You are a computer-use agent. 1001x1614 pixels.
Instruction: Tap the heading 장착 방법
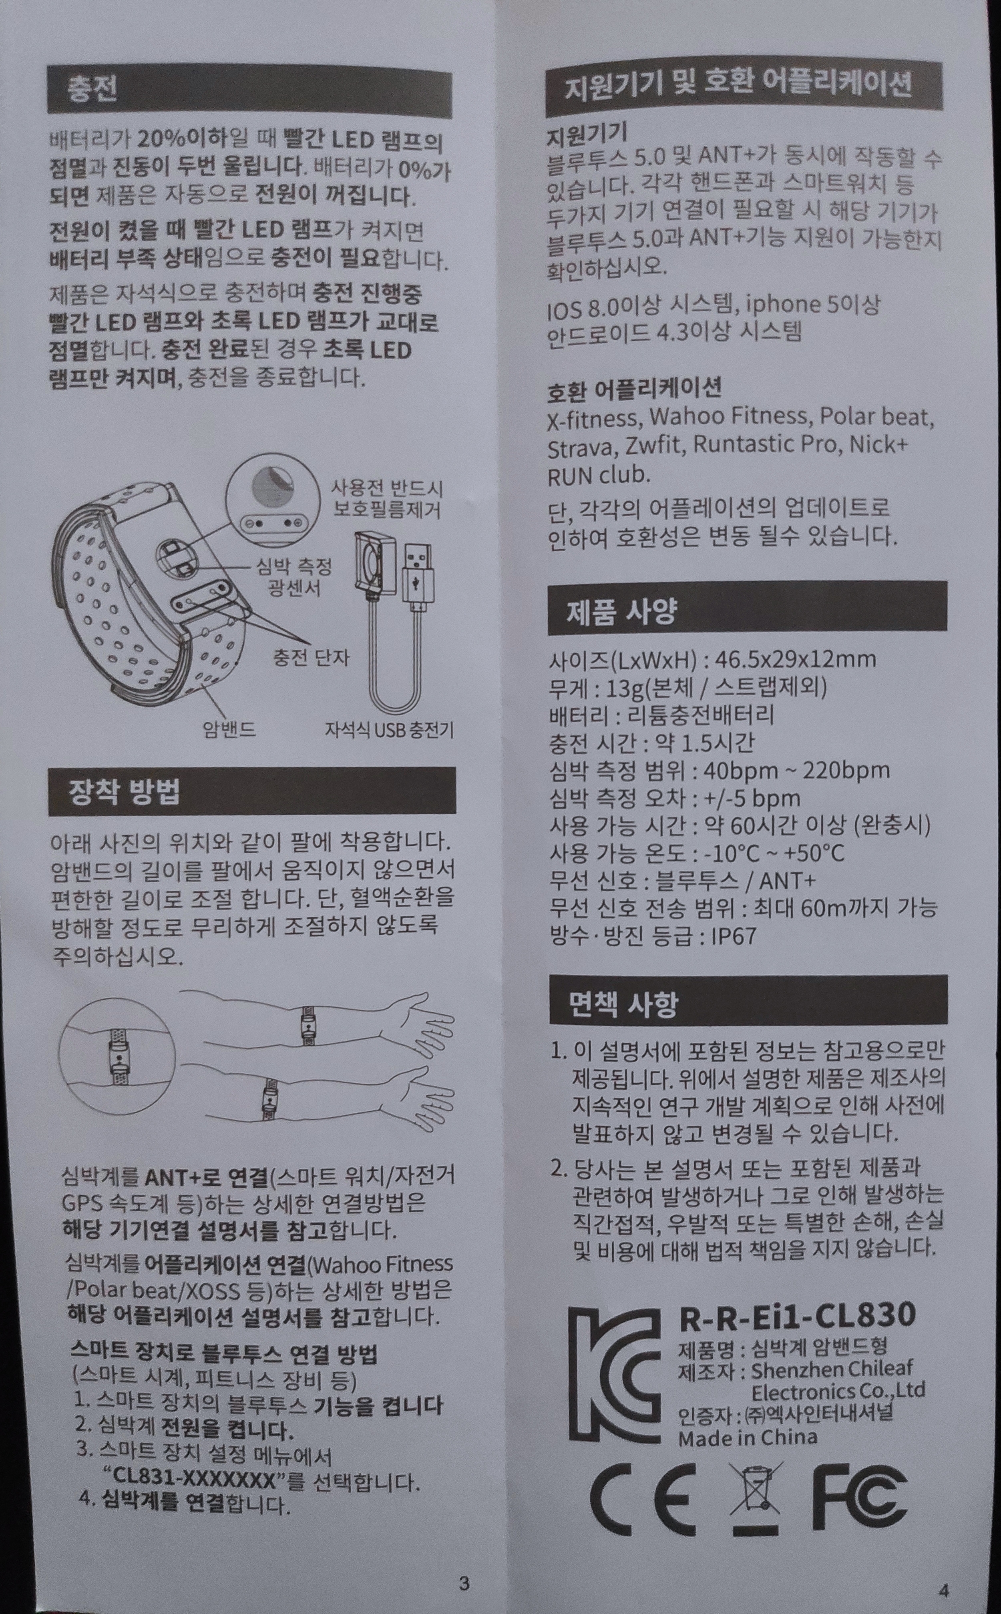[125, 791]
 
